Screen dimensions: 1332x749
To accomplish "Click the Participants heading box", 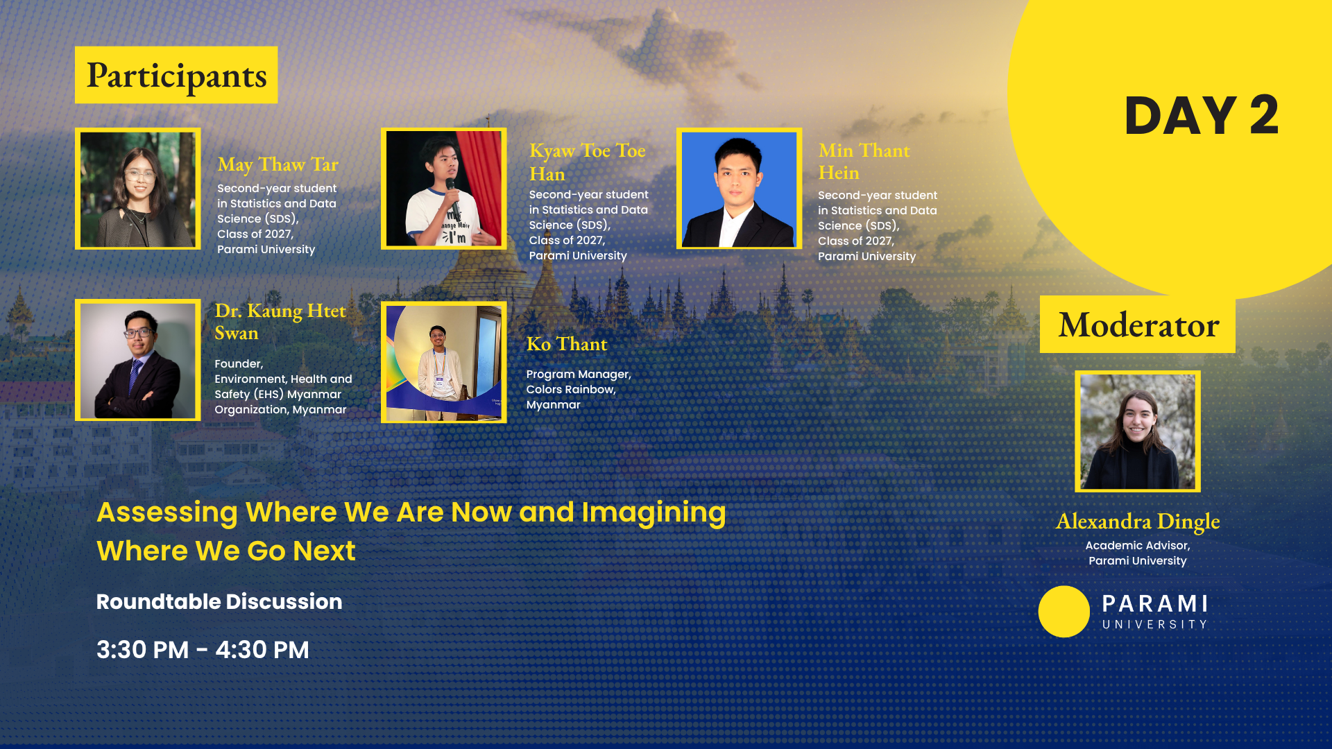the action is [x=176, y=75].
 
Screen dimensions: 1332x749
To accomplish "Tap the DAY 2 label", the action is [x=1201, y=115].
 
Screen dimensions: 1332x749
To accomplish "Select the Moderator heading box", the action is [x=1138, y=325].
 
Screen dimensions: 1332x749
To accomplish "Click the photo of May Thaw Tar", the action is [x=138, y=189].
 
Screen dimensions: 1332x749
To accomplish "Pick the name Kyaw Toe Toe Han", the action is [x=587, y=162].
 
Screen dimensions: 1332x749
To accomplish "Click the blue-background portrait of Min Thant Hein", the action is [x=740, y=189].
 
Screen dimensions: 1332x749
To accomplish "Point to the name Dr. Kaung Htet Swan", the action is [x=280, y=321].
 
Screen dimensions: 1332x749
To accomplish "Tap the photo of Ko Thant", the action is [x=444, y=362].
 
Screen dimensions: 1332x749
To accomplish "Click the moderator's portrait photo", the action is [x=1138, y=431].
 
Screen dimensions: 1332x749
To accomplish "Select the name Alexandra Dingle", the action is [x=1138, y=521].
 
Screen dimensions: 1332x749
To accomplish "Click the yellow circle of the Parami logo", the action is [x=1064, y=612].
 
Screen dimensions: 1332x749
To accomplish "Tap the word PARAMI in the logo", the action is [x=1155, y=603].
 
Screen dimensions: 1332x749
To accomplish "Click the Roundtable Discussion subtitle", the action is [x=219, y=601].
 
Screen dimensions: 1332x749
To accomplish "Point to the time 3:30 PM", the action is [x=143, y=650].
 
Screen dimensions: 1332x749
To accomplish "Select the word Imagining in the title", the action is [x=654, y=513].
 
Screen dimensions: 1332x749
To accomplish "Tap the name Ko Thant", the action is [x=567, y=344].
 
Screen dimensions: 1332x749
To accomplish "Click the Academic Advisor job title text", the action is [x=1138, y=546].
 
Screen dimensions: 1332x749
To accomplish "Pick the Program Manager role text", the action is [x=579, y=374].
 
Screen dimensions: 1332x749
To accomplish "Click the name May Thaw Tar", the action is [x=277, y=164].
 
